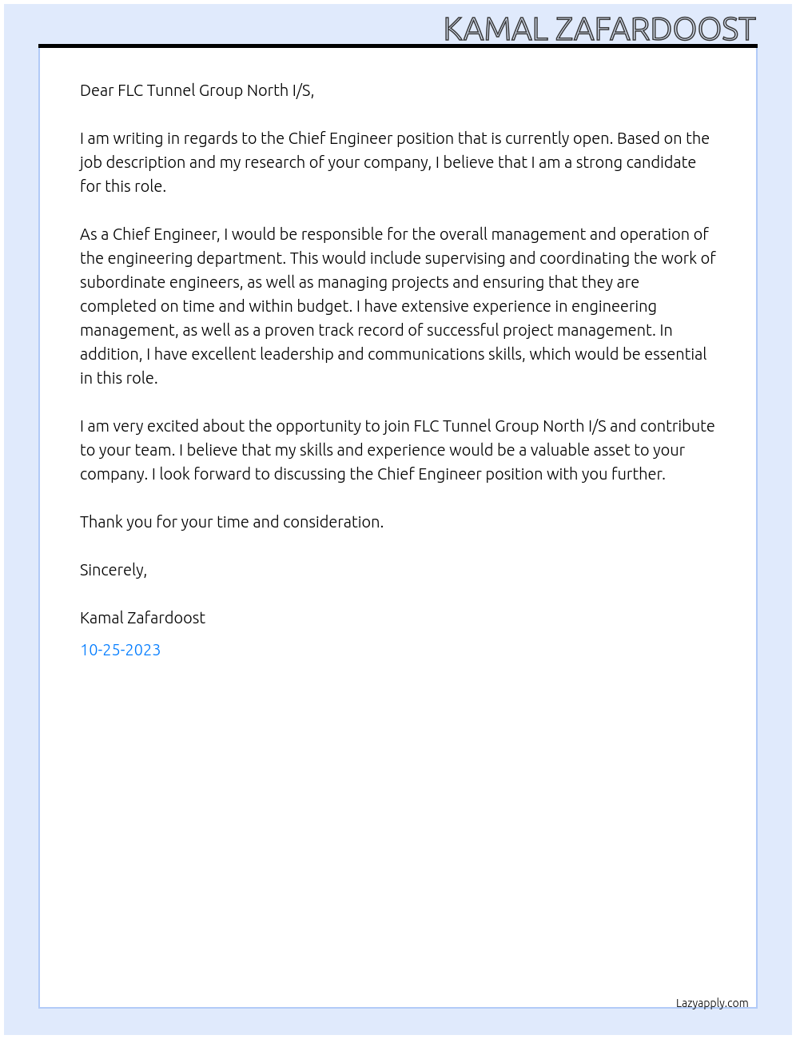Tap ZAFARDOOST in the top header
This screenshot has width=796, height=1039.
pyautogui.click(x=655, y=30)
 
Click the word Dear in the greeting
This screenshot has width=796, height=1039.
pyautogui.click(x=97, y=90)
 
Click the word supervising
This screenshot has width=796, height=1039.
pyautogui.click(x=464, y=258)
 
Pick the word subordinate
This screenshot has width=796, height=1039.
pyautogui.click(x=119, y=282)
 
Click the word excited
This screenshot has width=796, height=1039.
pyautogui.click(x=172, y=426)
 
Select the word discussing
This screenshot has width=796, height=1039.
pyautogui.click(x=309, y=474)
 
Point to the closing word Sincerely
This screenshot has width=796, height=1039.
pyautogui.click(x=113, y=570)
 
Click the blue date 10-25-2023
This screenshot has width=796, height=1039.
pyautogui.click(x=120, y=650)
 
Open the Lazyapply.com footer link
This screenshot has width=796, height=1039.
pyautogui.click(x=712, y=1003)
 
